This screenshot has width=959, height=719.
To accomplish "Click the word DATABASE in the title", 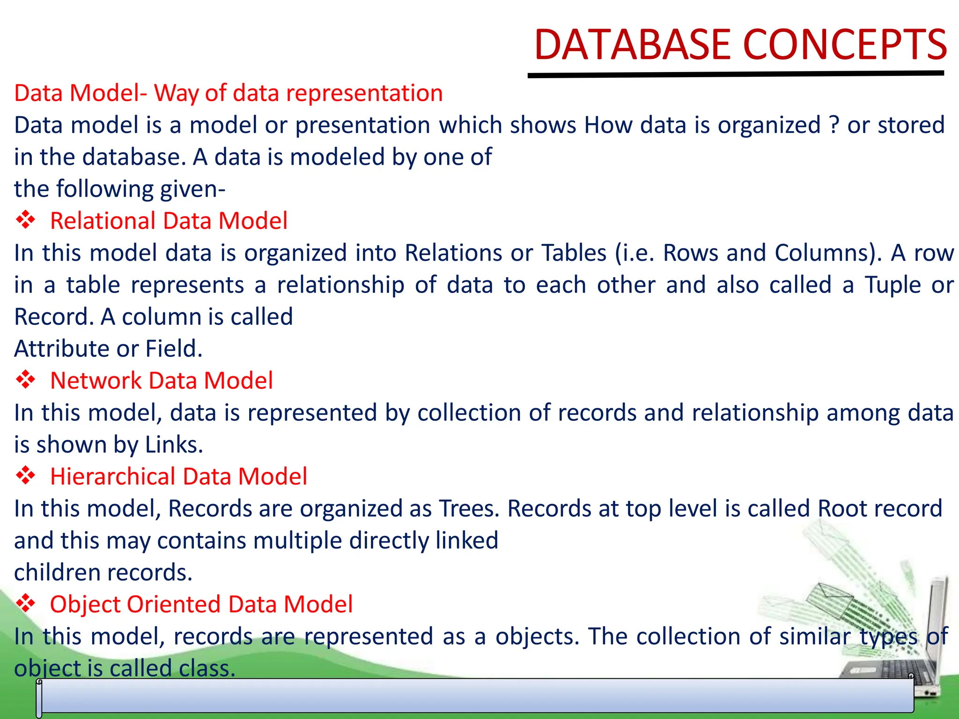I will point(632,45).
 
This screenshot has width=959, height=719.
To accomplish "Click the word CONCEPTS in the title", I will point(845,45).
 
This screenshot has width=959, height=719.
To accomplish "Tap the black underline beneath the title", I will point(735,74).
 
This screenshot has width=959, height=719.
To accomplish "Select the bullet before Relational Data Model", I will point(26,220).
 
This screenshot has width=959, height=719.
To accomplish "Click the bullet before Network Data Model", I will point(26,380).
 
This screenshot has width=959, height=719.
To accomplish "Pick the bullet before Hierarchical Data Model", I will point(26,476).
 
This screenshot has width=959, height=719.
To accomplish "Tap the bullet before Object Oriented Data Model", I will point(26,603).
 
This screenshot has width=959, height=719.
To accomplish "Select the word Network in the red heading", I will point(96,380).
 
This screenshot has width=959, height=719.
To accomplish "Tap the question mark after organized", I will point(834,125).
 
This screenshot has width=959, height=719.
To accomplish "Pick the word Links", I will point(174,444).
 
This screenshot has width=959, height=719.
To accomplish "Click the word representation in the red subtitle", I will point(364,93).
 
